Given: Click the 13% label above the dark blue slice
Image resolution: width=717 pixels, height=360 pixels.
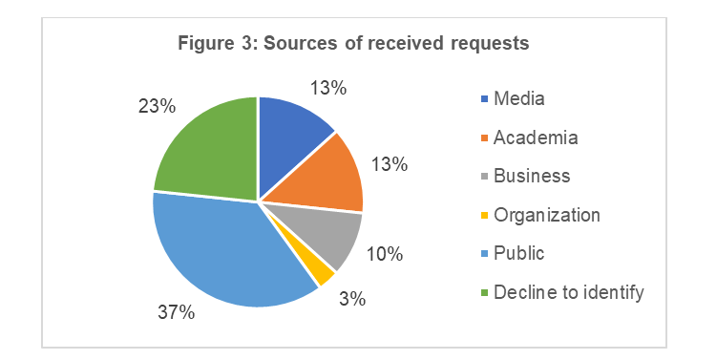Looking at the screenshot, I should click(328, 88).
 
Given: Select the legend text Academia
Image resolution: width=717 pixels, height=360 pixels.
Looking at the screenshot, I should click(536, 137).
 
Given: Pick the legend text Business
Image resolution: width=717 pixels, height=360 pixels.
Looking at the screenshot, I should click(532, 176).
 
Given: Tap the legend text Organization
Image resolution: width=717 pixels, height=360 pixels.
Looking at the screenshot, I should click(547, 215).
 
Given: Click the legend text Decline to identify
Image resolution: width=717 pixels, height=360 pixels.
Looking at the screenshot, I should click(569, 292).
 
